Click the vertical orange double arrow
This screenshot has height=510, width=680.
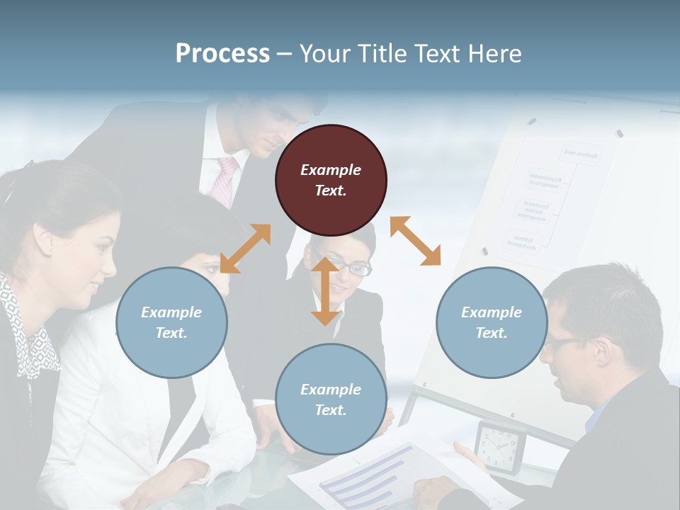(325, 291)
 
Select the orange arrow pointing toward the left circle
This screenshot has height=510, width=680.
(245, 249)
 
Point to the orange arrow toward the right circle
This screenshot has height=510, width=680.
(415, 241)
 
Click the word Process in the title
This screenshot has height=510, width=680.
(222, 54)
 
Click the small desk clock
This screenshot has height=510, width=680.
(501, 446)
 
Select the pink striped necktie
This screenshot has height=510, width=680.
(226, 181)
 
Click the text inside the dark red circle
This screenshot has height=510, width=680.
(331, 180)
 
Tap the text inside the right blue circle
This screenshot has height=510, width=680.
(492, 322)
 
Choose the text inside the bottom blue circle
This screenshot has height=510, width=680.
(331, 399)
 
